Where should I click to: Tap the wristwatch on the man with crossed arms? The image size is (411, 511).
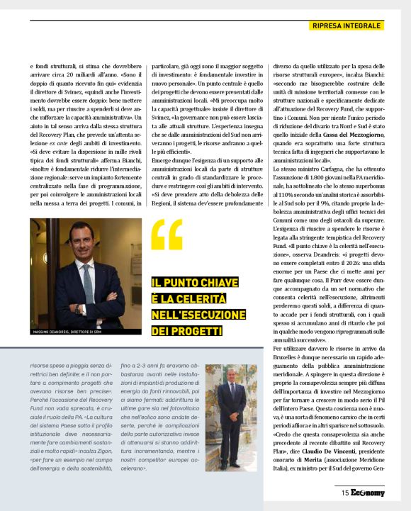(77, 308)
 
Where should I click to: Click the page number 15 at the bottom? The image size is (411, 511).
(344, 493)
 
